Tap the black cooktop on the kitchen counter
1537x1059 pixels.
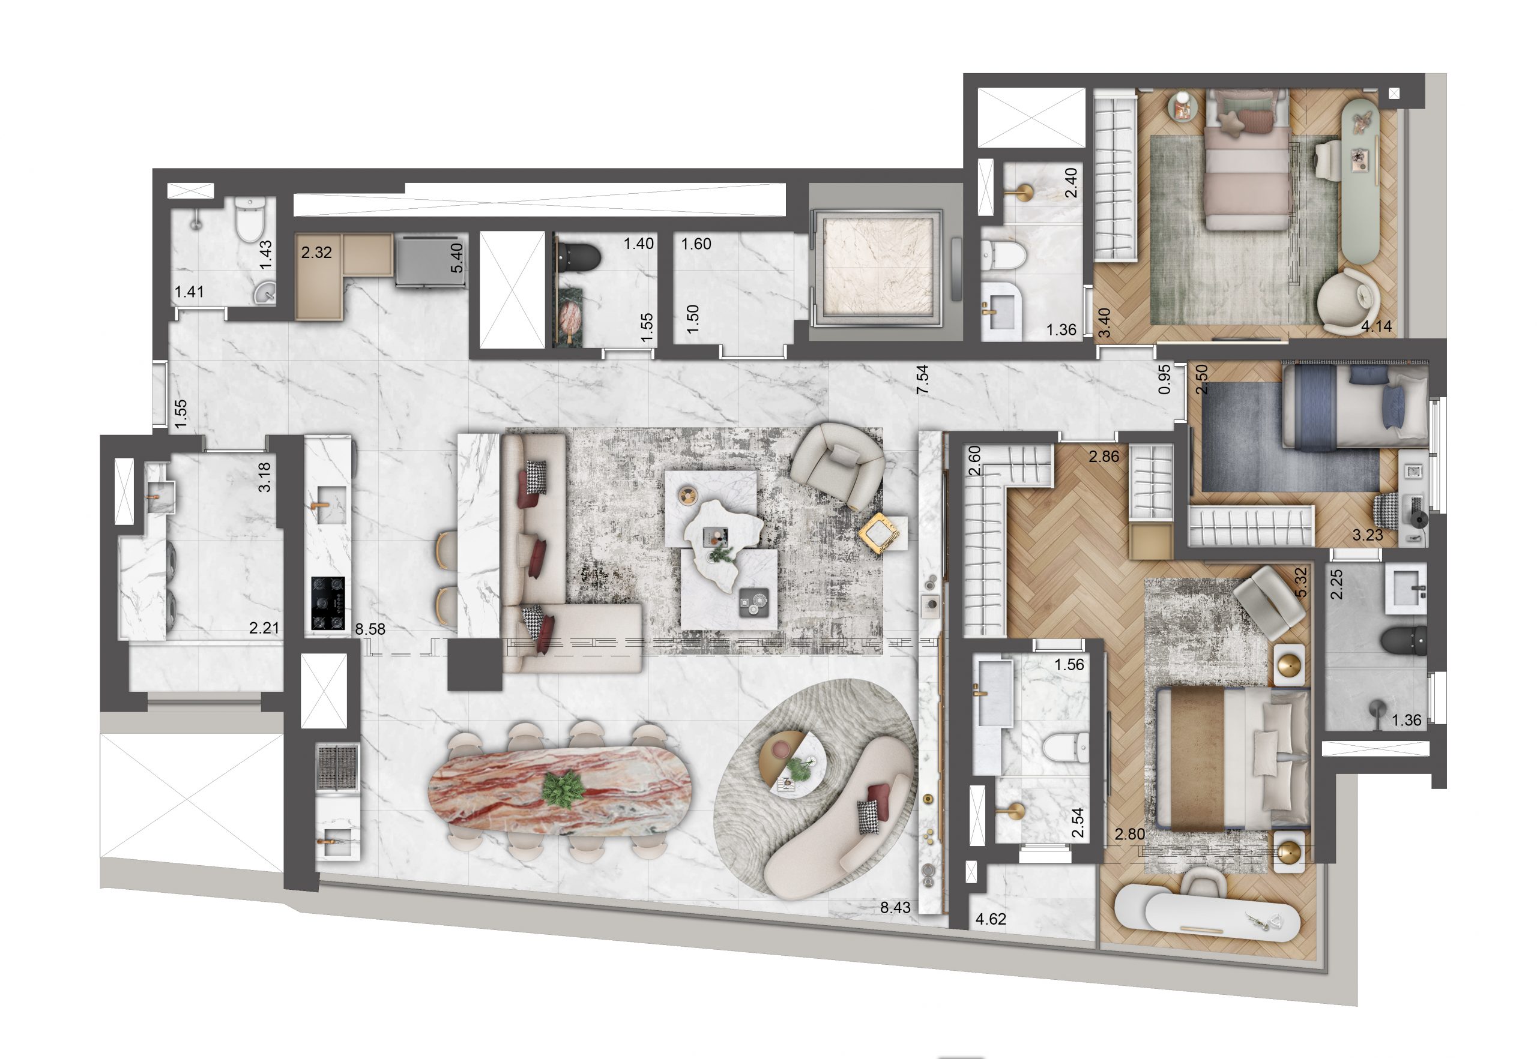click(x=328, y=602)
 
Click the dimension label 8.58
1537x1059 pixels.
click(x=370, y=629)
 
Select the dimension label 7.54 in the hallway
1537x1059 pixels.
click(x=922, y=380)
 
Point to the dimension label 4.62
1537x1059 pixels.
click(x=991, y=919)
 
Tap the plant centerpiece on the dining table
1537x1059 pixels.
click(x=563, y=788)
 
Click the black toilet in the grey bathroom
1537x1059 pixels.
click(x=1403, y=640)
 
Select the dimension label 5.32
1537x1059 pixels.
click(x=1300, y=582)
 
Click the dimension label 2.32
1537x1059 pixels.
click(x=316, y=252)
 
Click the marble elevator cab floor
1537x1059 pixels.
click(x=878, y=265)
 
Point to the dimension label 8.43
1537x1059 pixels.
click(x=895, y=908)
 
